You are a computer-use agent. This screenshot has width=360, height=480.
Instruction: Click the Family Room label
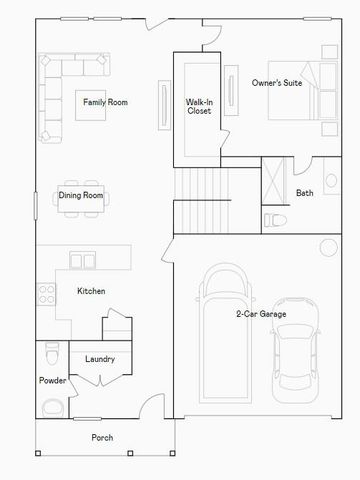click(x=104, y=102)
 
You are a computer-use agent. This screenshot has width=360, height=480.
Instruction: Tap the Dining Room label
click(x=81, y=195)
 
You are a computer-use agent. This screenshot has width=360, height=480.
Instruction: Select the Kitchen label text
click(x=92, y=291)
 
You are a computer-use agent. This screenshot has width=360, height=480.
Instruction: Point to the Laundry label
click(x=99, y=359)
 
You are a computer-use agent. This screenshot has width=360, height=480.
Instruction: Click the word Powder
click(x=52, y=381)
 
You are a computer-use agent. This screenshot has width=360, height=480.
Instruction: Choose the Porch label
click(x=102, y=437)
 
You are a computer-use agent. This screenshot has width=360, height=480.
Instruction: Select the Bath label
click(x=304, y=193)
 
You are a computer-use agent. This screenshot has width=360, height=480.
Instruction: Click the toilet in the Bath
click(x=274, y=219)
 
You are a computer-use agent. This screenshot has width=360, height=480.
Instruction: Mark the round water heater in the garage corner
click(x=328, y=249)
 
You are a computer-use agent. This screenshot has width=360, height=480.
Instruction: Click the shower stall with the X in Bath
click(x=271, y=179)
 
